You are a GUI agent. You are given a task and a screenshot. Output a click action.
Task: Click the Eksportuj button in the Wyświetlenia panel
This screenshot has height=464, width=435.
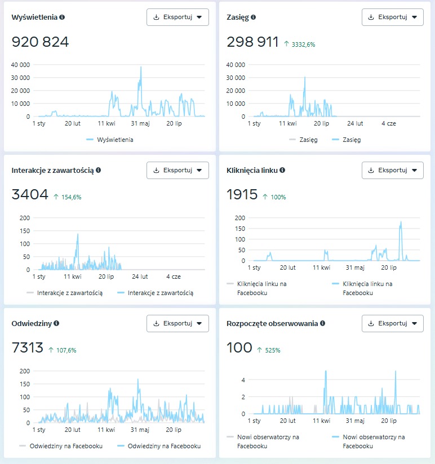(177, 17)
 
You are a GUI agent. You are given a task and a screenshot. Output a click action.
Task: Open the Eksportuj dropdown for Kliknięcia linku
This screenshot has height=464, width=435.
(392, 170)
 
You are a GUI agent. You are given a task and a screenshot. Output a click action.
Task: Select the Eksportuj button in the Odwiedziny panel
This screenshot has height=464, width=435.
(177, 323)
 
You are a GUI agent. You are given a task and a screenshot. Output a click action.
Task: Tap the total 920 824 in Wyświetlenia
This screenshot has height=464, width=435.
(40, 42)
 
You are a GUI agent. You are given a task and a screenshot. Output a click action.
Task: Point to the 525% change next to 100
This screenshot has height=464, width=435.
(269, 350)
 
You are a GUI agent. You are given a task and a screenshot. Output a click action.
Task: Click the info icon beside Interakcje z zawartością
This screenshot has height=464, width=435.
(99, 170)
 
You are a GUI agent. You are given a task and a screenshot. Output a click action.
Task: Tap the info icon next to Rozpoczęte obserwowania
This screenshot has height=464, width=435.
(322, 323)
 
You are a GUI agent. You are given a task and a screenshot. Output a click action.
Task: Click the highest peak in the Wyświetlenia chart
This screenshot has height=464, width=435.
(141, 67)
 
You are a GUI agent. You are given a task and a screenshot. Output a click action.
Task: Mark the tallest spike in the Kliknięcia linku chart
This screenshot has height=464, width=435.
(401, 221)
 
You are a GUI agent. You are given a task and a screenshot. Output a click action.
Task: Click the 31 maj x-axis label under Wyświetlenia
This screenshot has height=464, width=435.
(140, 123)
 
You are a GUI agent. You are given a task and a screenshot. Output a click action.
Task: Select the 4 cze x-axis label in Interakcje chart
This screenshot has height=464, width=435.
(174, 276)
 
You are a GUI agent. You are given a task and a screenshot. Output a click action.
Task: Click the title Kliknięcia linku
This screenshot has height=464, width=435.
(252, 170)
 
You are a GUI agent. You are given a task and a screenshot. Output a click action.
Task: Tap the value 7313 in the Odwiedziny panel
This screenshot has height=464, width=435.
(28, 349)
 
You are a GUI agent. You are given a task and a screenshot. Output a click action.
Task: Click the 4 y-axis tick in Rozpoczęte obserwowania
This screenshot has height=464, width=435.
(243, 380)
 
